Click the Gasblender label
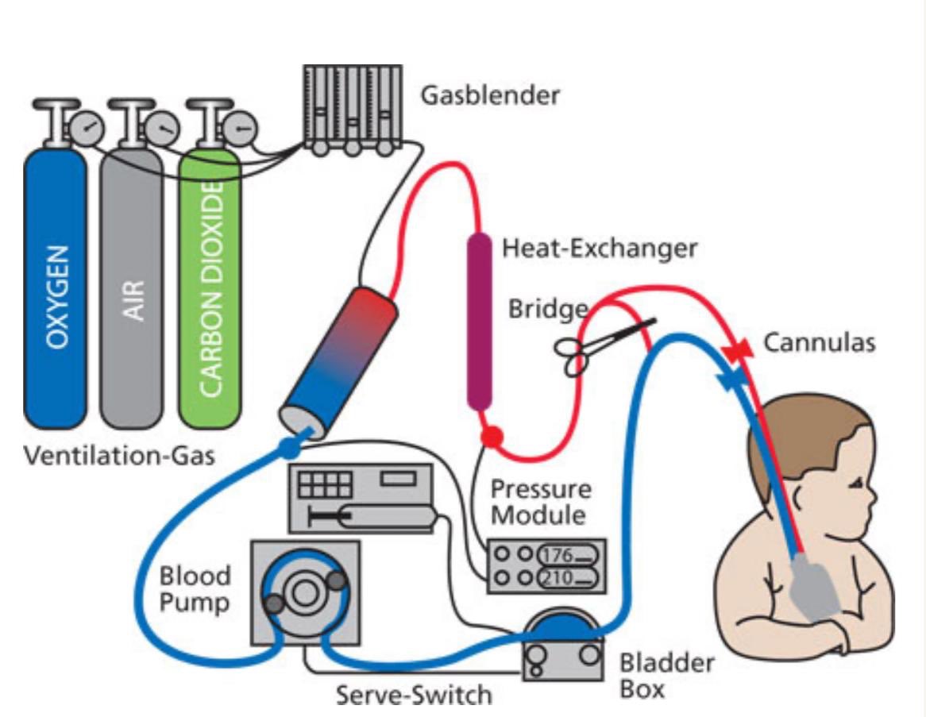point(490,95)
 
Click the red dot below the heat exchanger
point(492,435)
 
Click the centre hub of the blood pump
point(302,591)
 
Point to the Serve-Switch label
point(413,696)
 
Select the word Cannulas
point(819,343)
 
